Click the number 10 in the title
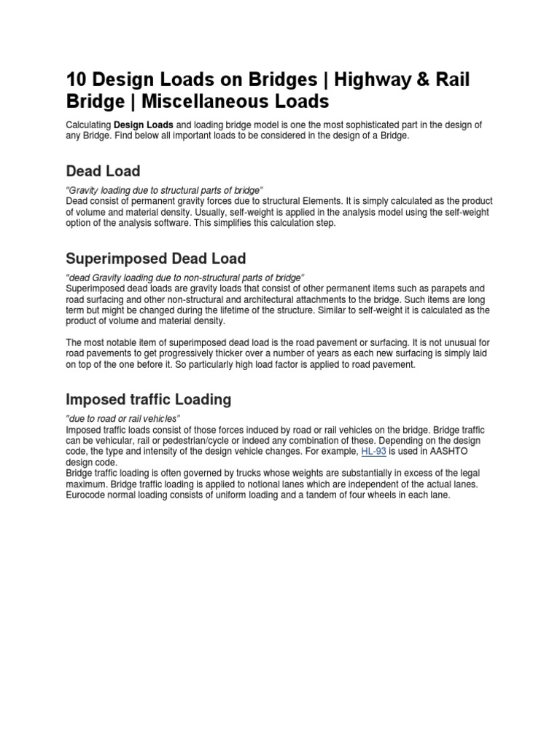click(x=77, y=79)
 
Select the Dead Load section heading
click(x=103, y=171)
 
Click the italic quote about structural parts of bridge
click(x=164, y=190)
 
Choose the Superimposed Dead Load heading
click(x=156, y=259)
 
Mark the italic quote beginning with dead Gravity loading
click(x=184, y=278)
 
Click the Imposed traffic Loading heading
click(x=148, y=399)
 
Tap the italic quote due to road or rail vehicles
click(x=123, y=418)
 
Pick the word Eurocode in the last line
click(x=88, y=495)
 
